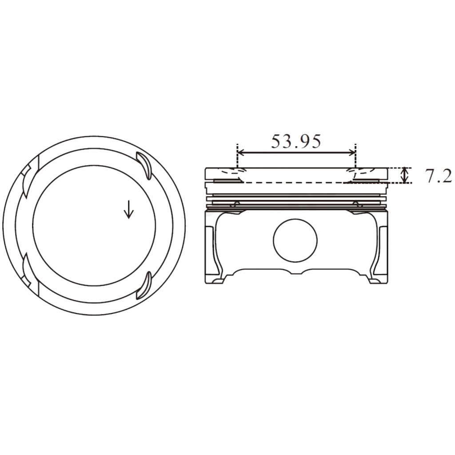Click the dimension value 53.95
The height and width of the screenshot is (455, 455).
coord(295,141)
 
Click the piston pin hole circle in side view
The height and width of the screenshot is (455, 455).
coord(295,240)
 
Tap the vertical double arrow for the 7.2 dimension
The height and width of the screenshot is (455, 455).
coord(404,175)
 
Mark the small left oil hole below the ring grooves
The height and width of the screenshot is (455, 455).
coord(236,204)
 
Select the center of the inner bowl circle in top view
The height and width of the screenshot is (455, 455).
coord(94,226)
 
